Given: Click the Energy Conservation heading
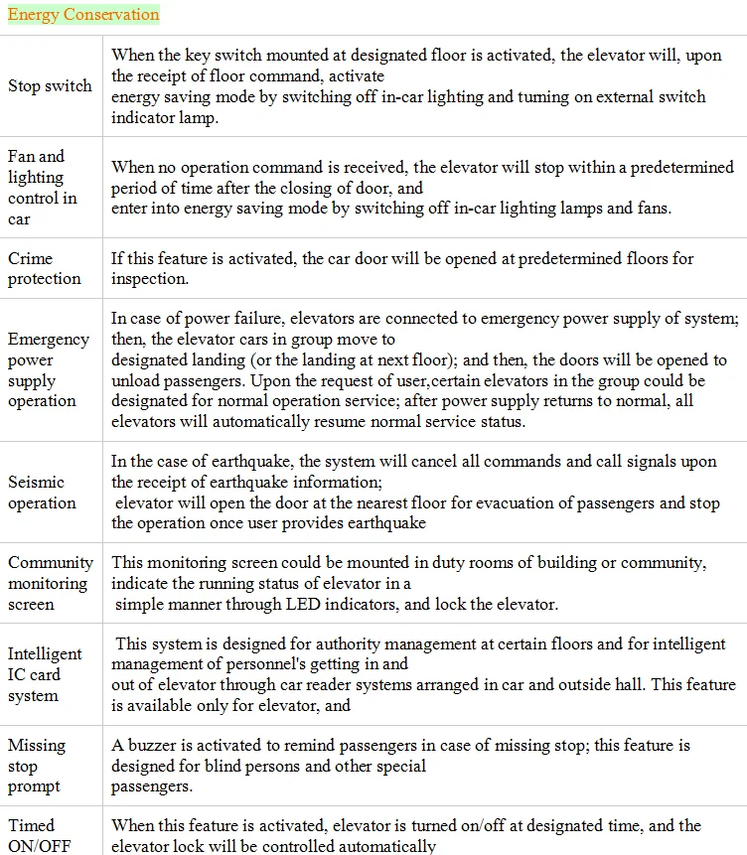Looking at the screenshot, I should (x=83, y=15).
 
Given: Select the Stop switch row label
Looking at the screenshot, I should (x=50, y=86).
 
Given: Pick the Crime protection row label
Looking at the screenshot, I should (x=45, y=268).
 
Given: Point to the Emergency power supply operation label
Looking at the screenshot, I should (x=48, y=370).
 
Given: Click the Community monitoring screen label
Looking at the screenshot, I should (x=50, y=583).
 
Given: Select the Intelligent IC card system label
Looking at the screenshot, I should (x=45, y=674).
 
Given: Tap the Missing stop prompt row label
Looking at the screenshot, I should (x=37, y=766).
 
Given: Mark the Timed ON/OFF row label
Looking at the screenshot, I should (x=35, y=835).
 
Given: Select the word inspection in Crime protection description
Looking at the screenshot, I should (x=149, y=279).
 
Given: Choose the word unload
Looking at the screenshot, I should (x=136, y=380).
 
